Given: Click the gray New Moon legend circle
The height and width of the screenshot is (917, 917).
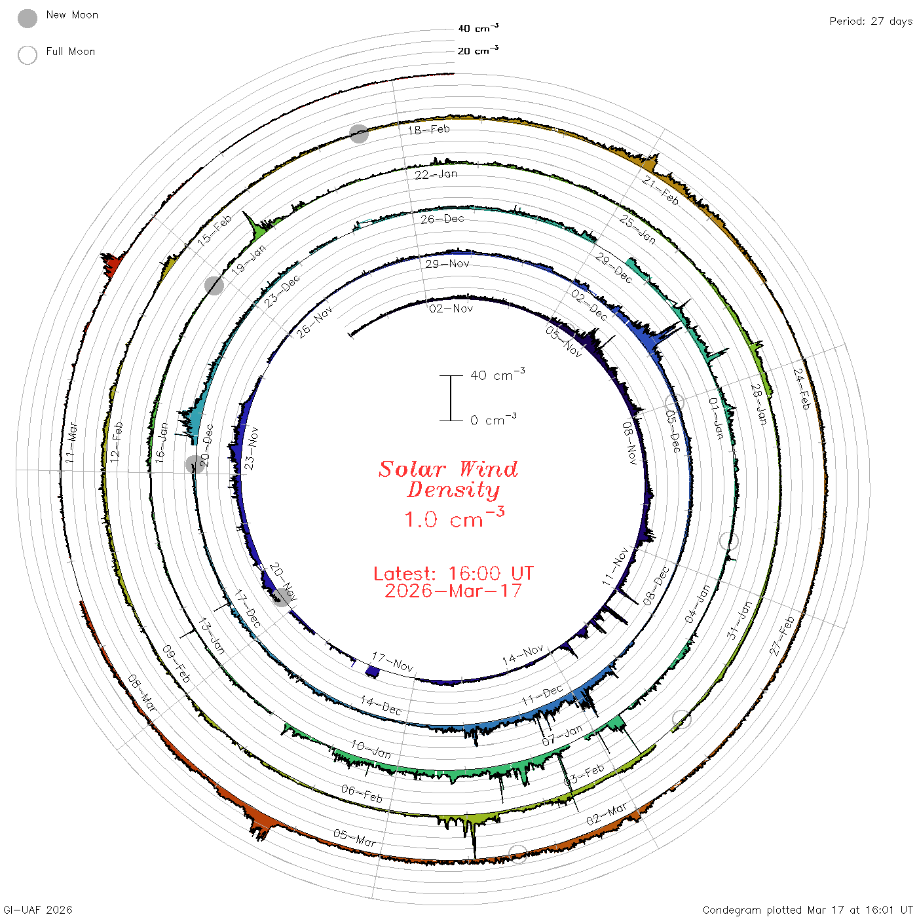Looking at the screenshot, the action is [x=28, y=18].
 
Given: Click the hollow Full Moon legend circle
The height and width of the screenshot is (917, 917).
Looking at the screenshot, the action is [x=28, y=55].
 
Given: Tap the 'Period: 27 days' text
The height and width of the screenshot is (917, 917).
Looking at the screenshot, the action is [x=870, y=22].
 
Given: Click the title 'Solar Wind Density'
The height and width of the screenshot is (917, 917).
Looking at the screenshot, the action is [x=448, y=479].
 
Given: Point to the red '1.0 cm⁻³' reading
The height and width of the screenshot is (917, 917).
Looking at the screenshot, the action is [x=454, y=518].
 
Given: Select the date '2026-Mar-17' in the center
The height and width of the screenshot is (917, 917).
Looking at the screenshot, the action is [x=453, y=591].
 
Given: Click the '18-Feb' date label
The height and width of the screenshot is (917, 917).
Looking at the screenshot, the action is [x=429, y=130].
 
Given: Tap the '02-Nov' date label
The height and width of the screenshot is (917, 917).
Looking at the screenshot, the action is [x=451, y=309].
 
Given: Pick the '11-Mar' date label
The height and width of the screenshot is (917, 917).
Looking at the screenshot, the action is [x=71, y=442].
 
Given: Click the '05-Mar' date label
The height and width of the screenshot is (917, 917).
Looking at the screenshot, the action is [x=354, y=837].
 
